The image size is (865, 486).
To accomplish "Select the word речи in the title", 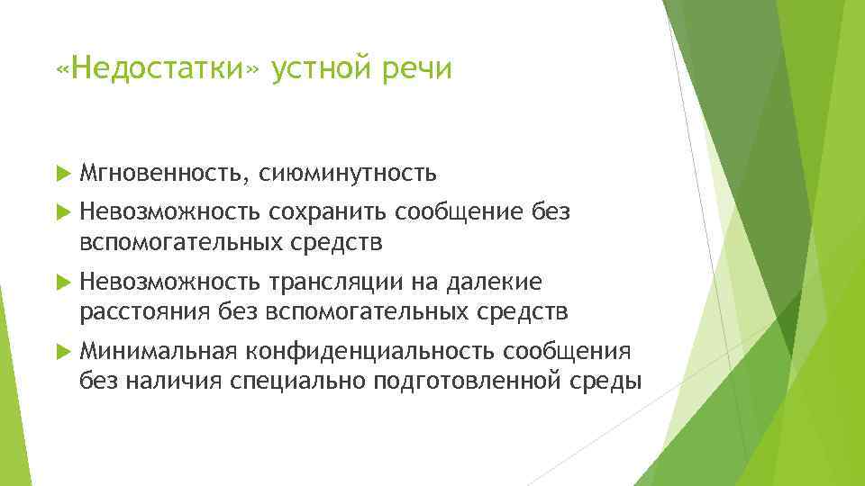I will [419, 69].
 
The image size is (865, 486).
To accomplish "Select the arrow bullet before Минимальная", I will [61, 350].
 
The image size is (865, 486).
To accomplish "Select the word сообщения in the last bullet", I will [568, 350].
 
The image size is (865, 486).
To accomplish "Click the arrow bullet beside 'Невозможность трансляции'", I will [61, 283].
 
